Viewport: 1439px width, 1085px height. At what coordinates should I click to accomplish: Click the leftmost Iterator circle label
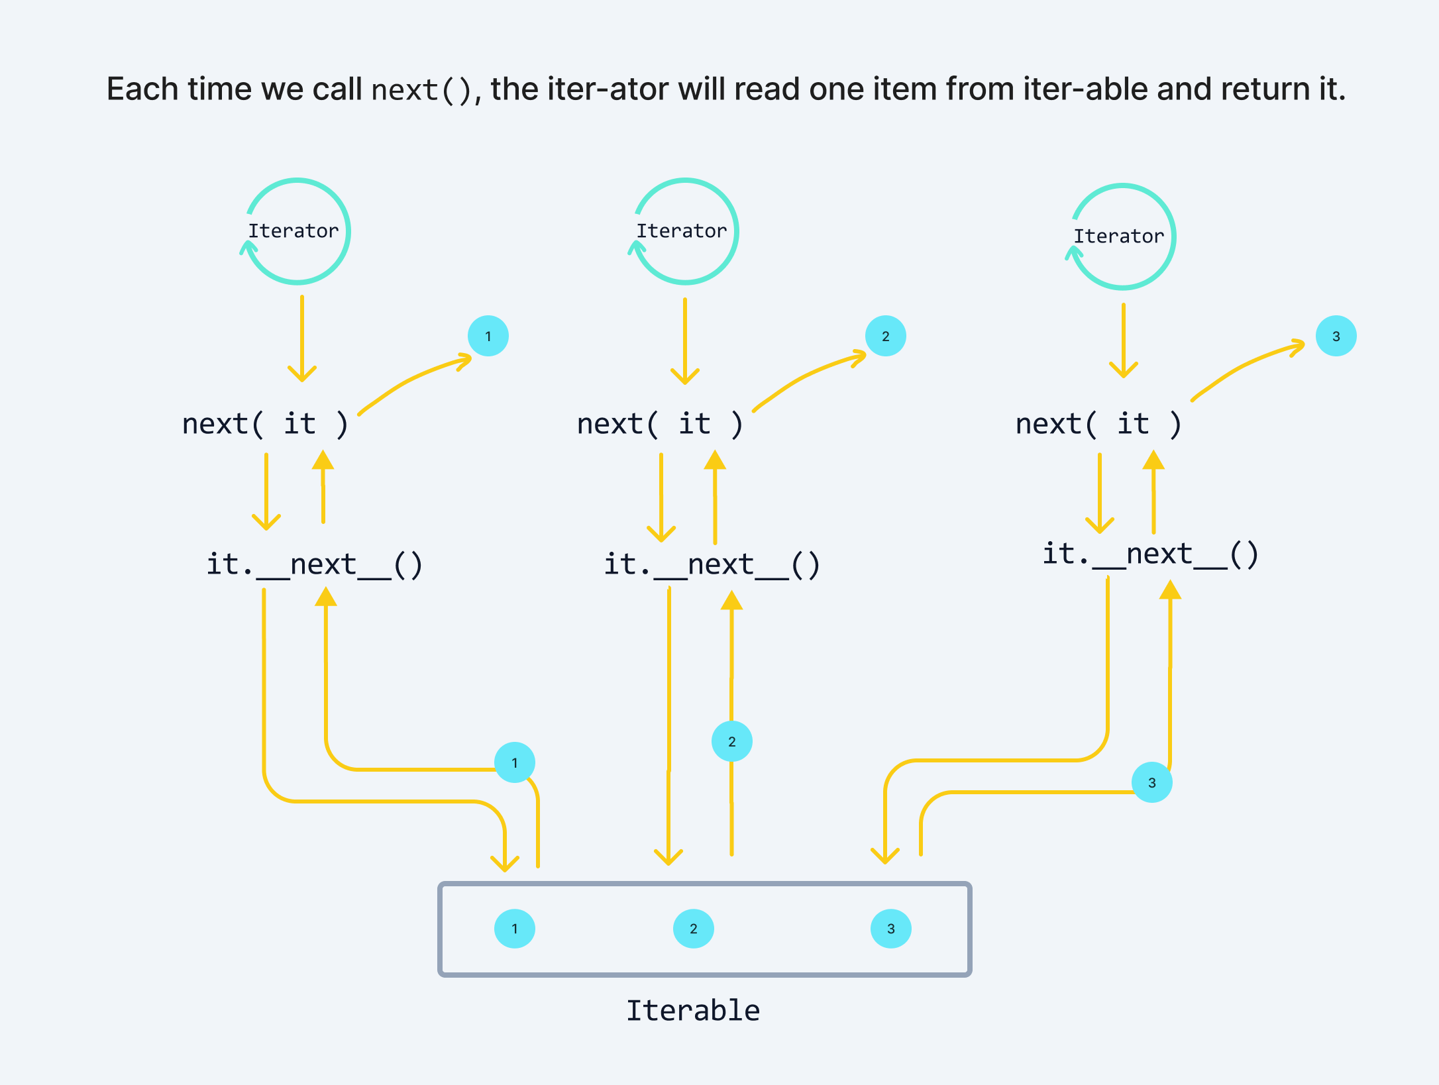(293, 231)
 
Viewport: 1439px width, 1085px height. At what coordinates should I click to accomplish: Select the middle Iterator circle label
(681, 231)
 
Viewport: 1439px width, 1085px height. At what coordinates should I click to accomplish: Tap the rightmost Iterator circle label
(1118, 236)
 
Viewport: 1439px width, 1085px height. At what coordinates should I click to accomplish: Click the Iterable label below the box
(693, 1011)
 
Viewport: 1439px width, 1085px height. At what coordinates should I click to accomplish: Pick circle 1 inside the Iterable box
(515, 929)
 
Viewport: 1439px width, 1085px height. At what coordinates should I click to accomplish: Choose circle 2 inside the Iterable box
(693, 929)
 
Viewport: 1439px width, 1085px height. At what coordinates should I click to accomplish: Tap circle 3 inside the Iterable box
(890, 929)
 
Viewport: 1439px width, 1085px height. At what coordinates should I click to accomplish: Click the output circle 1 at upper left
(488, 336)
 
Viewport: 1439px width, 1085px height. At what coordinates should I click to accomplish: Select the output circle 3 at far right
(1336, 336)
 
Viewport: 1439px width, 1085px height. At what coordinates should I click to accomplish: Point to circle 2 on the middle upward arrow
(731, 741)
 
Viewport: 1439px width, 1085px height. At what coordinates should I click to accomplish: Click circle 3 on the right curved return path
(1151, 782)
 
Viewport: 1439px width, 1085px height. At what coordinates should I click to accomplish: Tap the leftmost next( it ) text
(265, 424)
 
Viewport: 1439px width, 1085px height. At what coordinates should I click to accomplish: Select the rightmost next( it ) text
(1098, 424)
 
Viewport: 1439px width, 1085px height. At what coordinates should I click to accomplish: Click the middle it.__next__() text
(712, 564)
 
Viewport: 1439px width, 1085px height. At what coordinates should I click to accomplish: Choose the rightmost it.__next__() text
(1150, 554)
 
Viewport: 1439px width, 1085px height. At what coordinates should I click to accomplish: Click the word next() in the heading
(421, 90)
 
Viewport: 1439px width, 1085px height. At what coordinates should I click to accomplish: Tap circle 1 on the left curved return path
(515, 762)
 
